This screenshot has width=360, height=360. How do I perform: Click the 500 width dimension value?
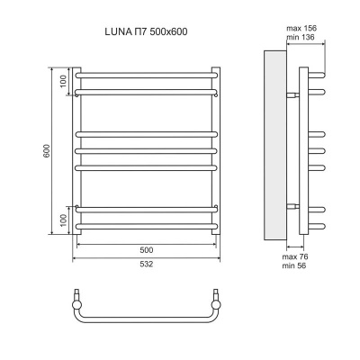[x=146, y=249]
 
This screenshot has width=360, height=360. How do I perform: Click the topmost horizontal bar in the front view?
[x=146, y=75]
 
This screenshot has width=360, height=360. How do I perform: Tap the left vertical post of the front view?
[x=77, y=152]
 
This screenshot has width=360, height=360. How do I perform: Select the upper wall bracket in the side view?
[x=292, y=94]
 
